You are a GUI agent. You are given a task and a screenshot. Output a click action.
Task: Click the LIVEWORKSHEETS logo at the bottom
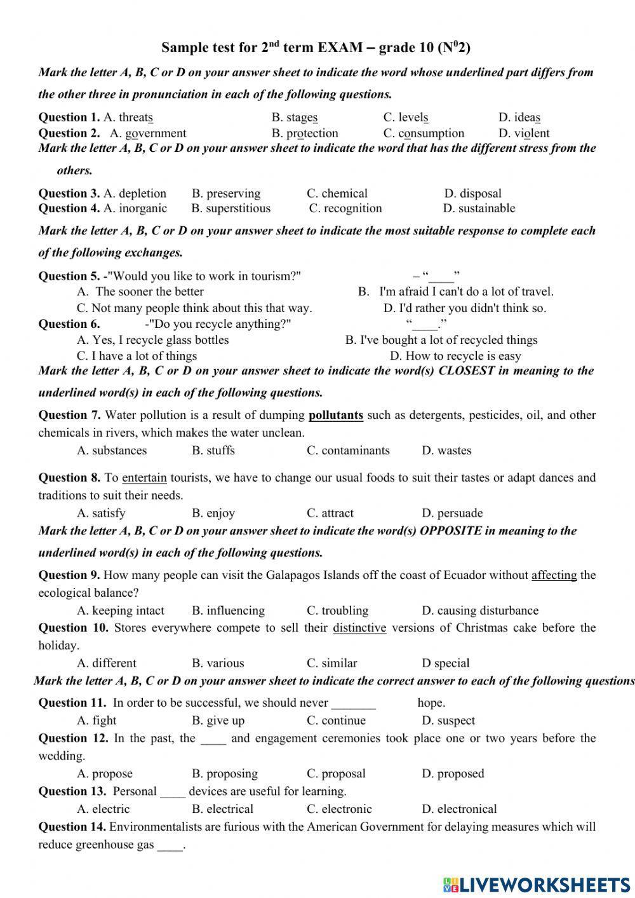537,885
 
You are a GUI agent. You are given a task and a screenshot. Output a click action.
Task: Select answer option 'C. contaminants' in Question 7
348,451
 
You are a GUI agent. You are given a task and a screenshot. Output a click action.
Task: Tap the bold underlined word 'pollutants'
335,416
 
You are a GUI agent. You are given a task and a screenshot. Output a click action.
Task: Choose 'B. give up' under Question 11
218,721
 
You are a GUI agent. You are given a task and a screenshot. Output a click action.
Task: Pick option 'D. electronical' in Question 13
459,809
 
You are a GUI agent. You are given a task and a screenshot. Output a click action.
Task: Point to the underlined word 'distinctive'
359,628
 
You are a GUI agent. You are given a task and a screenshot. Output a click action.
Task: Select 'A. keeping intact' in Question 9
121,611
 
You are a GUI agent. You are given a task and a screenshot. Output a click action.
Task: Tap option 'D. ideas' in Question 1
519,118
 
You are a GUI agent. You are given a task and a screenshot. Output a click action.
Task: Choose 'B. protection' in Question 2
305,133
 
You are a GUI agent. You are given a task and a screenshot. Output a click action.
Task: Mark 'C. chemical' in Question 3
337,194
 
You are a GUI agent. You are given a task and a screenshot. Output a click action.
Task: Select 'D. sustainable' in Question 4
479,208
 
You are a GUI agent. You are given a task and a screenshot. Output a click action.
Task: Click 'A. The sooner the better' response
140,292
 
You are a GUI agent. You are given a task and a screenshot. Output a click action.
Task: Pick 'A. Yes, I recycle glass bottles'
152,340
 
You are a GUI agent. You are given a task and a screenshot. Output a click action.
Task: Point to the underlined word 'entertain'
144,478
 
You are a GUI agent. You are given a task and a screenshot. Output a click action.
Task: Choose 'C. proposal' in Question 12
336,774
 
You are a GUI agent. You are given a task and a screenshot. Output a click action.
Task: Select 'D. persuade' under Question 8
452,514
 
